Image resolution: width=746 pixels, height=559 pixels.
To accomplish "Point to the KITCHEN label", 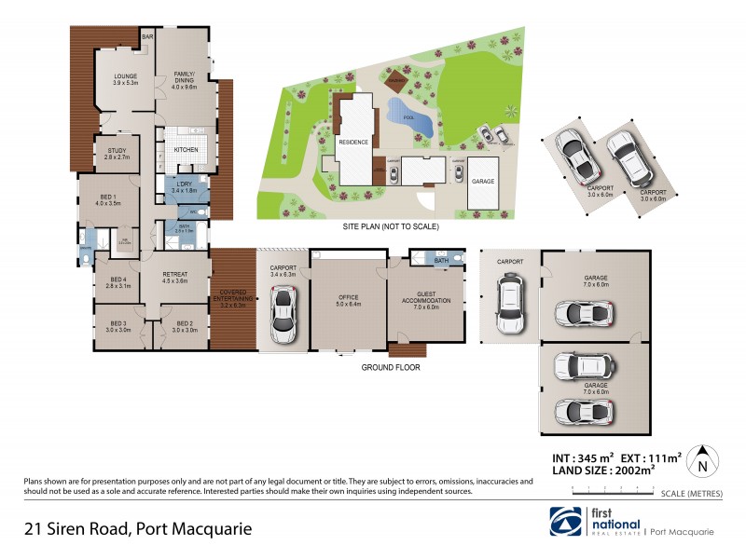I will coord(186,149).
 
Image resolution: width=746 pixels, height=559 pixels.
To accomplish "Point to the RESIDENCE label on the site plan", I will coord(352,142).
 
